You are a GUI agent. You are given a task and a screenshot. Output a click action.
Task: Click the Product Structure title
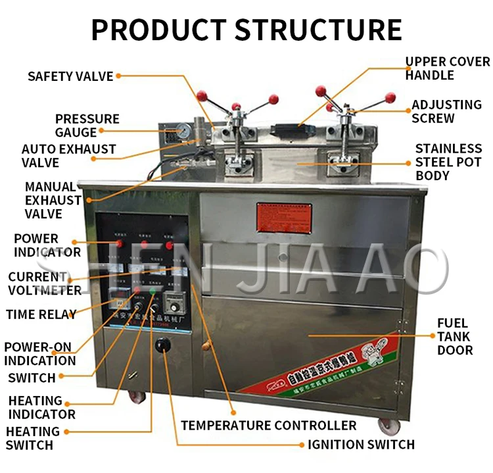click(246, 29)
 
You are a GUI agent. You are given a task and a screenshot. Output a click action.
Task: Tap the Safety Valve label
click(70, 76)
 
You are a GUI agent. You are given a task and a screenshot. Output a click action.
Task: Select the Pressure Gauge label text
click(87, 126)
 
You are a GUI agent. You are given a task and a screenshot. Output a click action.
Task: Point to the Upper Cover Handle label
click(447, 68)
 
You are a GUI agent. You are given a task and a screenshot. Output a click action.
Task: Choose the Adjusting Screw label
click(446, 111)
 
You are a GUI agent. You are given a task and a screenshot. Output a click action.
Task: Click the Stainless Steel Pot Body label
click(448, 162)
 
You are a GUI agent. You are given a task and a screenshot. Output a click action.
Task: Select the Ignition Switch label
click(362, 445)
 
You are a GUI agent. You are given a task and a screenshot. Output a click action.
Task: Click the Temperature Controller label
click(269, 426)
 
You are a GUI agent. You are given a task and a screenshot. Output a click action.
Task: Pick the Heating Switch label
click(32, 438)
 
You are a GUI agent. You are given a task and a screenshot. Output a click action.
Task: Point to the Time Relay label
click(41, 314)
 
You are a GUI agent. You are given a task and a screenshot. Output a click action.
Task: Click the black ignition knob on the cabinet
click(162, 345)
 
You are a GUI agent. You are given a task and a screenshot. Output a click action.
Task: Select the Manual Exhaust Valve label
click(53, 200)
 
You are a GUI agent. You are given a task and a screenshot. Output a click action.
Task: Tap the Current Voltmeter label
click(45, 284)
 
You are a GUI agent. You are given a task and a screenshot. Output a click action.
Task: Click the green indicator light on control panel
click(153, 291)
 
